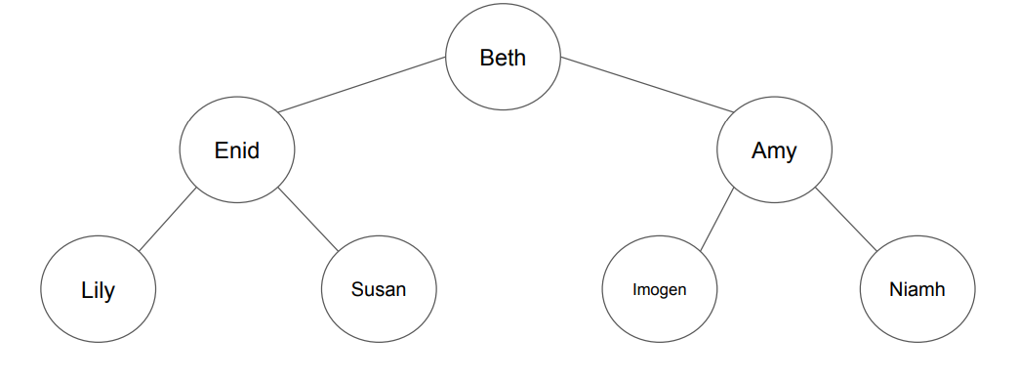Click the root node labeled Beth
503,58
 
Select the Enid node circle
237,150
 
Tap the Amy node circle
774,150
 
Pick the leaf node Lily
98,290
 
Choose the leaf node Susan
379,290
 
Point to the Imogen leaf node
659,290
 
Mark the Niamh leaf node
917,290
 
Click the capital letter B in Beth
486,58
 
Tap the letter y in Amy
791,153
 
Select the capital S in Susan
357,290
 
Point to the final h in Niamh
940,290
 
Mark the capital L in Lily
86,291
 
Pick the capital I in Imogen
635,290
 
